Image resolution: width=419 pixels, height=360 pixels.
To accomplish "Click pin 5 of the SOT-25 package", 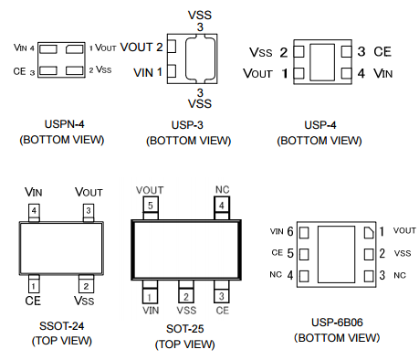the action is [151, 207].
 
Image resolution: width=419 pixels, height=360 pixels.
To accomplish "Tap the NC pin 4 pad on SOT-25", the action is [222, 207].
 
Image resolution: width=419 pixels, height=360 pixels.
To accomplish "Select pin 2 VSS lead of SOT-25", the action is [186, 291].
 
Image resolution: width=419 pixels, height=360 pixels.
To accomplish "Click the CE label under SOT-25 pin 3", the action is [222, 311].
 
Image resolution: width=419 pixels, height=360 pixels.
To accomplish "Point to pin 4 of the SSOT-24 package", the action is [34, 212].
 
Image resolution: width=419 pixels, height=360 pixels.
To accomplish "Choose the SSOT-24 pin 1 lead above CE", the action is [34, 284].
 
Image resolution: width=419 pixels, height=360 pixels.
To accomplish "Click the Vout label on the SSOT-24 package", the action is [89, 192].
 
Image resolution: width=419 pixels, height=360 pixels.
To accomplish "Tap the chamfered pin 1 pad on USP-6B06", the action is [369, 232].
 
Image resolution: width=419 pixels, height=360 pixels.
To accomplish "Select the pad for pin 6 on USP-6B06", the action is [304, 233].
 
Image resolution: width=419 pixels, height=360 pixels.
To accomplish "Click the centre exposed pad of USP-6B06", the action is [336, 254].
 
